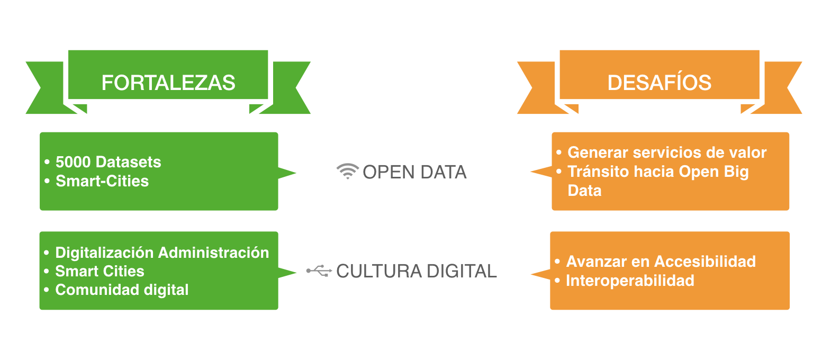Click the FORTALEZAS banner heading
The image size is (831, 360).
[x=168, y=83]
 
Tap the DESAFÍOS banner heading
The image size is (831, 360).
[x=659, y=83]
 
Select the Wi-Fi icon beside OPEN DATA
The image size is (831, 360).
[x=347, y=172]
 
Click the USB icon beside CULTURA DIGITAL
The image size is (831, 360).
[x=319, y=271]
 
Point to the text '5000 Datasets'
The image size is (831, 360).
[x=108, y=162]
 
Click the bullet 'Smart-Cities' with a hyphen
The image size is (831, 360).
[x=102, y=181]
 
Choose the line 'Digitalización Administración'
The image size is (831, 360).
[x=162, y=253]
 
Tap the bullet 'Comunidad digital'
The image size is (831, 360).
[x=122, y=290]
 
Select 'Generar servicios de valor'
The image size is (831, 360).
[x=667, y=152]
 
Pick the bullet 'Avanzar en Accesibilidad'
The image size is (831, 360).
[x=661, y=262]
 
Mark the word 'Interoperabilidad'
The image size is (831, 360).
[x=630, y=281]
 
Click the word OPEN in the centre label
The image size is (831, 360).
[x=384, y=172]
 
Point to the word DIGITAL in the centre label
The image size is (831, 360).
[x=462, y=271]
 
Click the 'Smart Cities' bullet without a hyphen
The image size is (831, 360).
[x=100, y=271]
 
